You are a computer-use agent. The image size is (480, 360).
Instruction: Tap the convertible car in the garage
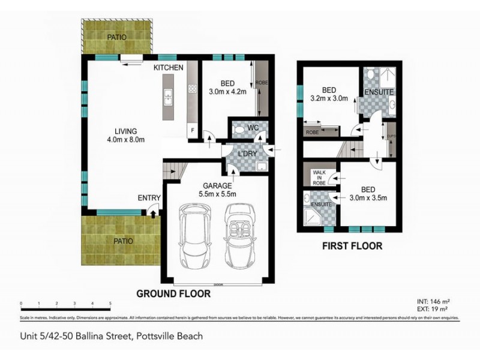[239, 238]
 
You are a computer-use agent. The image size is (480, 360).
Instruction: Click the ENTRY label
[148, 197]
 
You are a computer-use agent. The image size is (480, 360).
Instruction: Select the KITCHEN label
[169, 68]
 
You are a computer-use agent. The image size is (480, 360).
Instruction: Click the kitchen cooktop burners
[193, 89]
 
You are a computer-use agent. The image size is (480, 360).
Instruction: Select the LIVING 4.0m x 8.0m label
[127, 135]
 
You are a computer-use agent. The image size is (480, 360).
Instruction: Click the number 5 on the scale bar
[110, 304]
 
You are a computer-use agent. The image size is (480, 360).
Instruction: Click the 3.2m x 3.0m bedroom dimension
[329, 98]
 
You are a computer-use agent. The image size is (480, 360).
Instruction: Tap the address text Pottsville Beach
[169, 337]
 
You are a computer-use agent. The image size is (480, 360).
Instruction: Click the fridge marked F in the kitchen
[192, 129]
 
